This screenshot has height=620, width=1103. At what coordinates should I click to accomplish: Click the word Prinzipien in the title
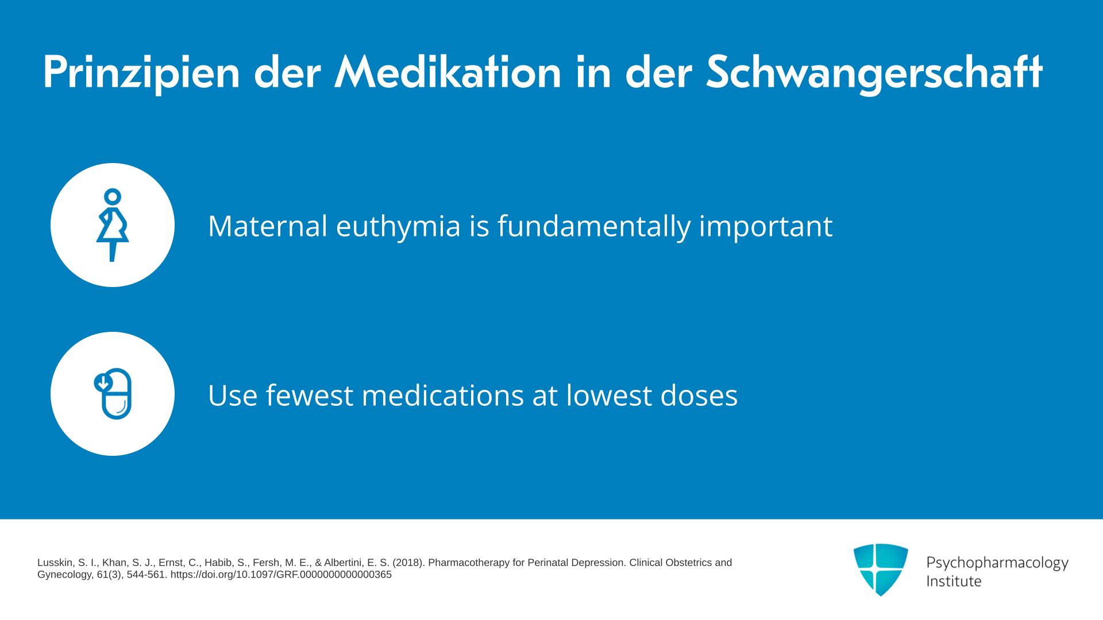click(141, 73)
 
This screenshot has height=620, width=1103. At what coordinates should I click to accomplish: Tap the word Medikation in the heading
click(448, 72)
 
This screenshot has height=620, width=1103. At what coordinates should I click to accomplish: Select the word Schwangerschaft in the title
click(874, 73)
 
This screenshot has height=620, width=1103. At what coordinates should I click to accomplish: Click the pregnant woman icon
click(113, 225)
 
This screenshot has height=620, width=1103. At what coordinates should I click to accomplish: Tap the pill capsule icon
click(113, 394)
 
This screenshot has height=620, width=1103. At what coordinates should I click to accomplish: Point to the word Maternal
click(268, 226)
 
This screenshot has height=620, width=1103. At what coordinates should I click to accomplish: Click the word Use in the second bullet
click(233, 396)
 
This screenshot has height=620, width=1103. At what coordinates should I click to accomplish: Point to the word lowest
click(610, 396)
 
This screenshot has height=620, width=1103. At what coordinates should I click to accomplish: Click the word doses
click(699, 396)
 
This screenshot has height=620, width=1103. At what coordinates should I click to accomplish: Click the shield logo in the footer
click(881, 569)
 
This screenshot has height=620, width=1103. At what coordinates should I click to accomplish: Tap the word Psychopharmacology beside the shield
click(997, 563)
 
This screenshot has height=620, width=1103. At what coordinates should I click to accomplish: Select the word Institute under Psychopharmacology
click(954, 581)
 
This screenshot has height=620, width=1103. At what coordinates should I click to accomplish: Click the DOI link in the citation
click(281, 575)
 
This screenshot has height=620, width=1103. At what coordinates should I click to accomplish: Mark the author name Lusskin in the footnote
click(56, 563)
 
